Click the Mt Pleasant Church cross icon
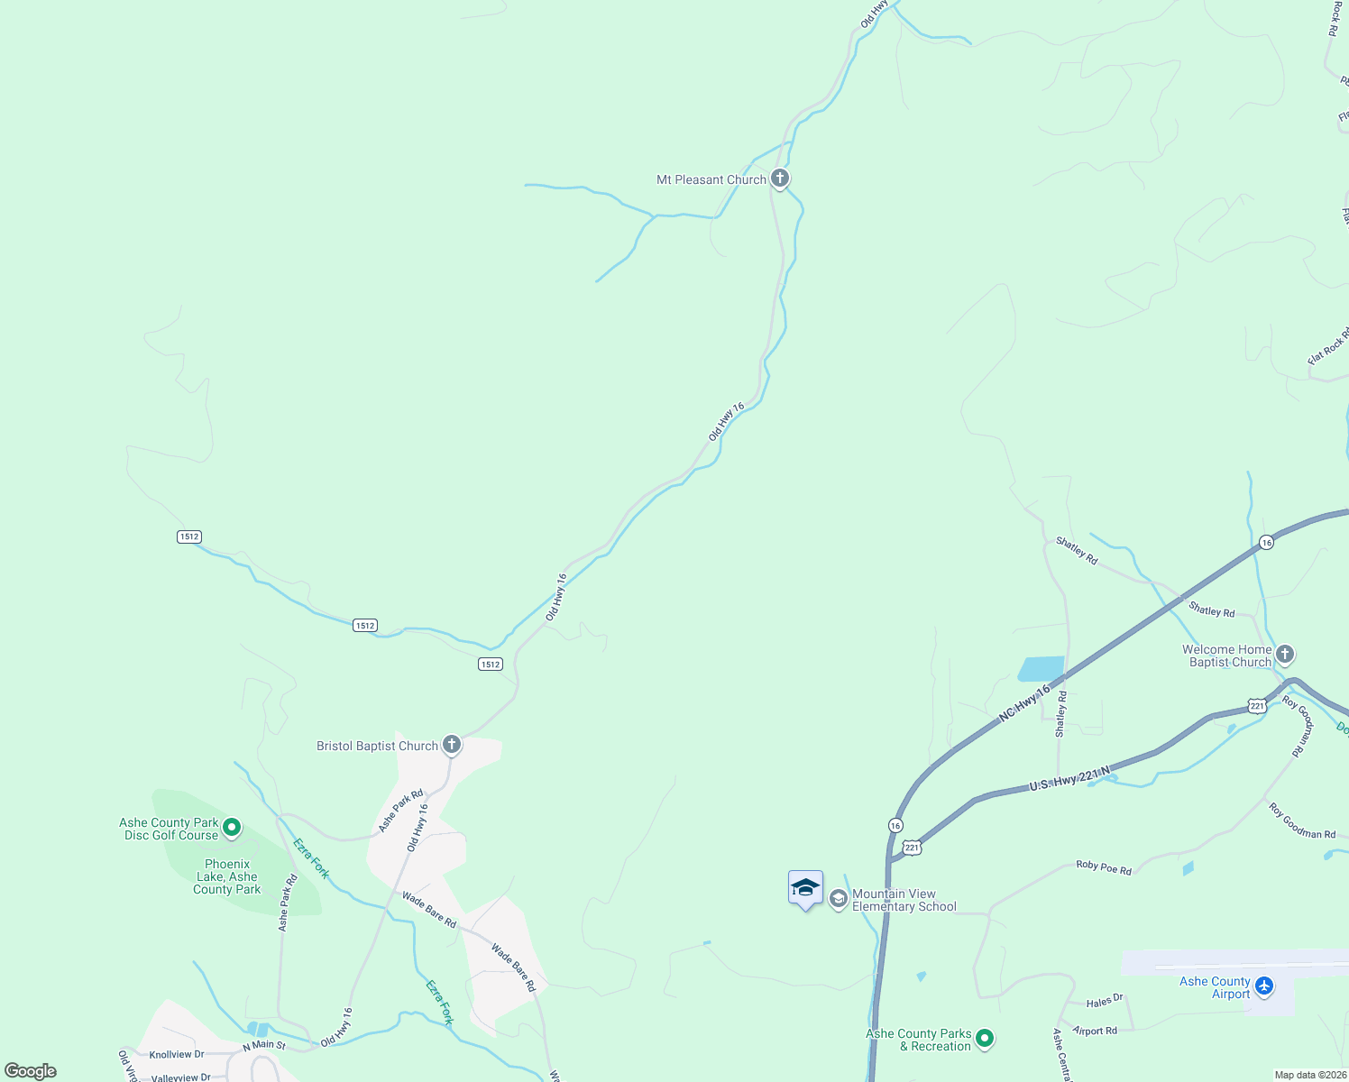click(x=780, y=179)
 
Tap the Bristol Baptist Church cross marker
click(x=452, y=745)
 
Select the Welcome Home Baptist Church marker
click(x=1285, y=655)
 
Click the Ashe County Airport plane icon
click(x=1264, y=986)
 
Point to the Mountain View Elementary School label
click(x=904, y=900)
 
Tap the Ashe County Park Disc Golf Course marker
click(x=232, y=827)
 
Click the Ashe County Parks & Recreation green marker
click(x=985, y=1039)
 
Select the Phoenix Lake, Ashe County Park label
click(x=227, y=876)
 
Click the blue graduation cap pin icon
click(x=805, y=888)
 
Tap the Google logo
click(x=31, y=1071)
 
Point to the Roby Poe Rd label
click(x=1104, y=867)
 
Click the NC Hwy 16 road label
click(x=1024, y=703)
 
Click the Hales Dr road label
click(x=1105, y=1001)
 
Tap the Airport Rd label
click(x=1095, y=1030)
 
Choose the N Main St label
click(x=263, y=1046)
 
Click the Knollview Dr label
click(x=177, y=1054)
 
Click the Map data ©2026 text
click(x=1310, y=1075)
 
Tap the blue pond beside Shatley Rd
click(x=1042, y=668)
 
